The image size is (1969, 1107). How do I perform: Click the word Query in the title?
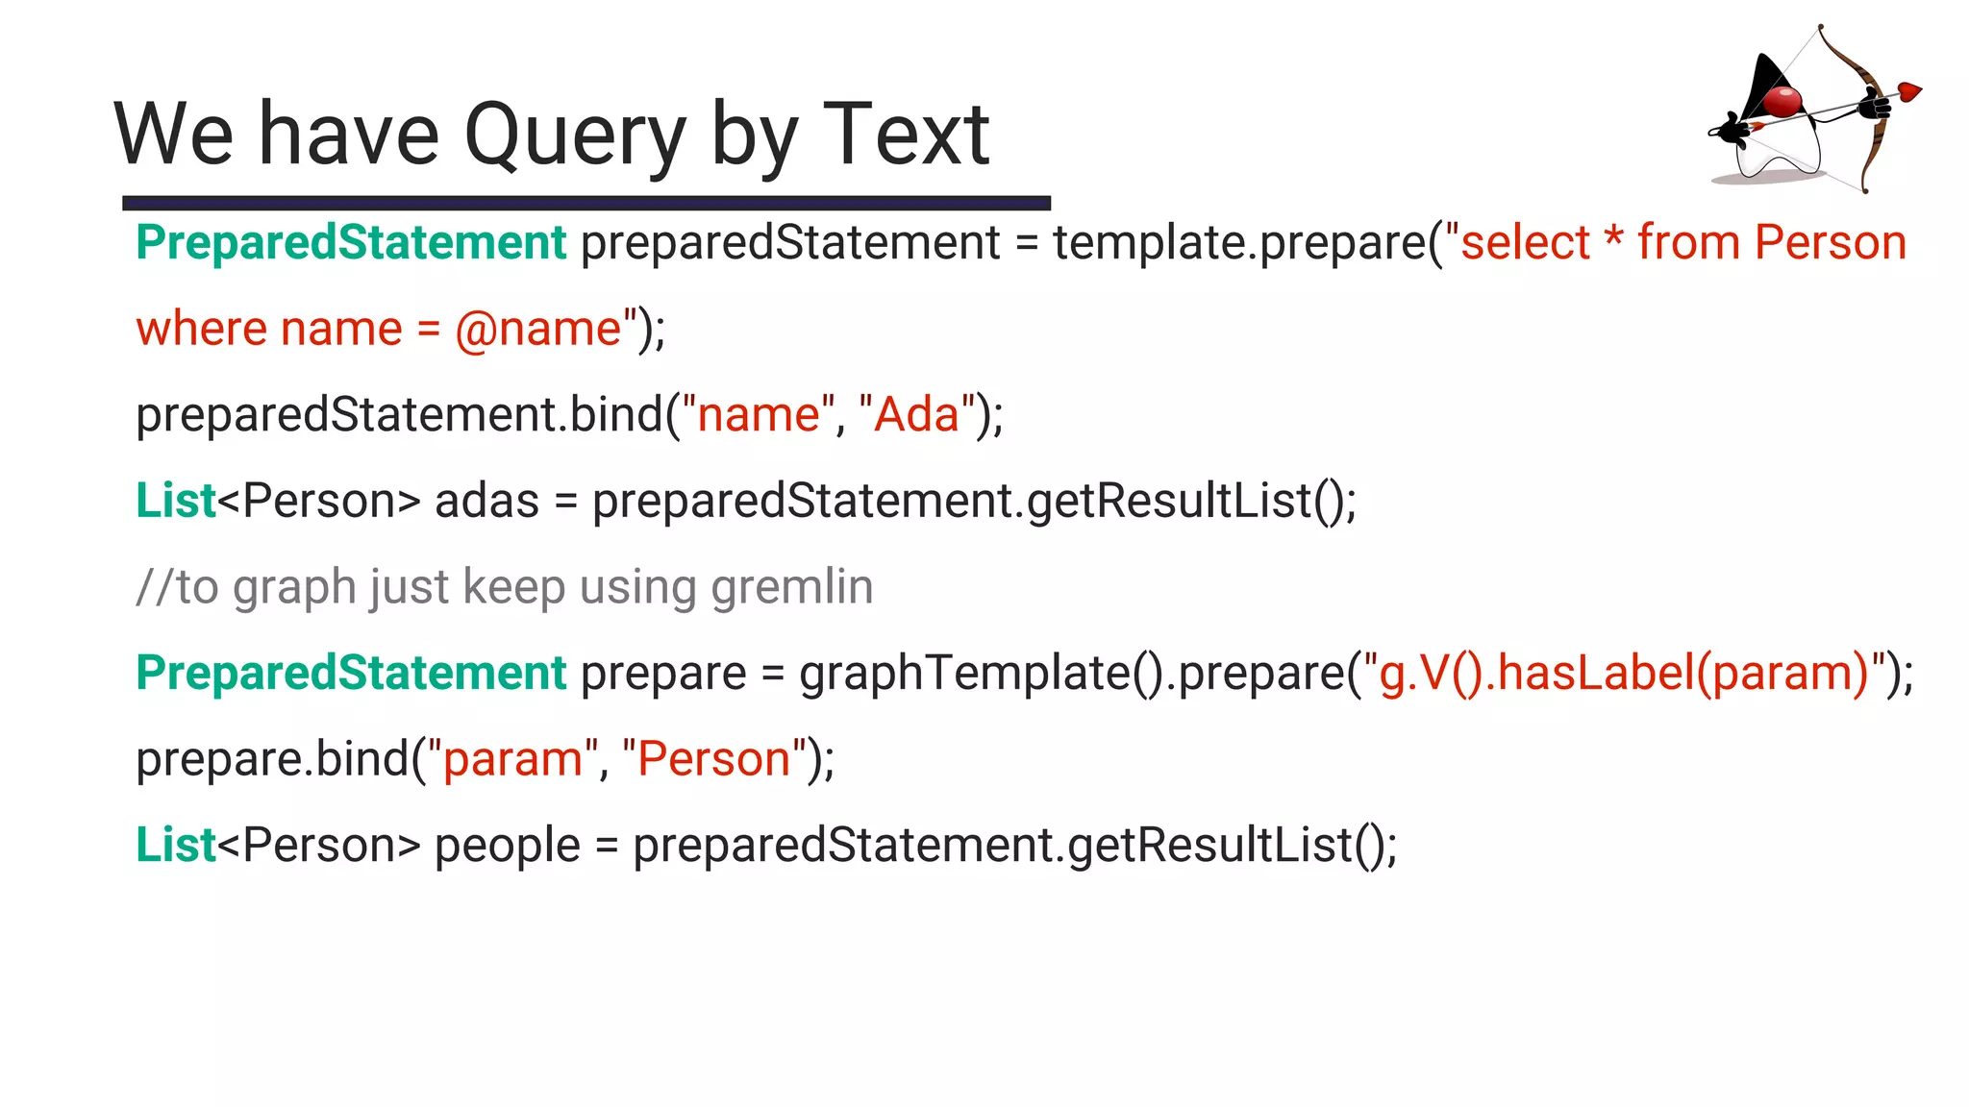point(574,136)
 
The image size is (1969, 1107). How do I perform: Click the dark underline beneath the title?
point(586,203)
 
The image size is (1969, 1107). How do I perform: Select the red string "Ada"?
point(917,415)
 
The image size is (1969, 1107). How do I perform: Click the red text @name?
point(538,330)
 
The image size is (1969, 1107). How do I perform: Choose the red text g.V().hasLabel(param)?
point(1623,673)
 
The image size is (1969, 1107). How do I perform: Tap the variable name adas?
point(486,502)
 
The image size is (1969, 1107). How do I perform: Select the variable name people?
point(507,846)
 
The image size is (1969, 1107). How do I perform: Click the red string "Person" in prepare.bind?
point(713,759)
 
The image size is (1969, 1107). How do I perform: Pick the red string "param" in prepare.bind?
point(512,759)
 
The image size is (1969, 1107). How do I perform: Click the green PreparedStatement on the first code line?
point(351,242)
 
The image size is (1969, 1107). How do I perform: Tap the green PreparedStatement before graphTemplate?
point(351,673)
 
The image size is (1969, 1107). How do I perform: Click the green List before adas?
point(176,502)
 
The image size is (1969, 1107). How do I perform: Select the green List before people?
point(176,846)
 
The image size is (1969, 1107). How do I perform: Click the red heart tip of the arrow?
point(1908,92)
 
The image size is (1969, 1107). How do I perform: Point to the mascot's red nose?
point(1783,100)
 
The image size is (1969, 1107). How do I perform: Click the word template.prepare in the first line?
point(1240,242)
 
